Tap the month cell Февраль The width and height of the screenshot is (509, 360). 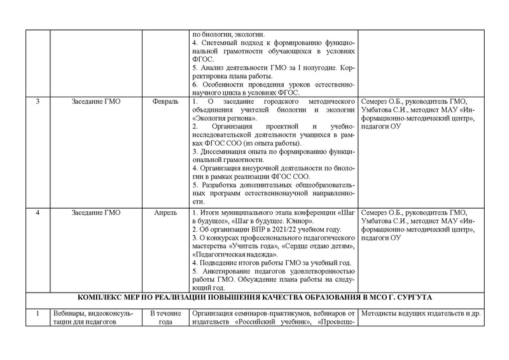(x=166, y=102)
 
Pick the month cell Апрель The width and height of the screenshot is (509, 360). (x=166, y=212)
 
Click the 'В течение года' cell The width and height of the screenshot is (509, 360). (x=166, y=318)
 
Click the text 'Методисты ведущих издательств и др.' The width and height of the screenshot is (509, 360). (x=419, y=314)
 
